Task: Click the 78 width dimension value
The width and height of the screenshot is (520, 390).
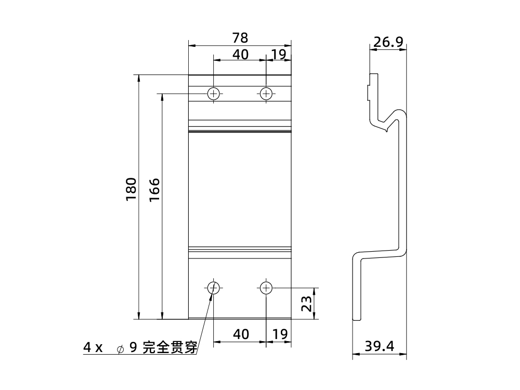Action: (240, 38)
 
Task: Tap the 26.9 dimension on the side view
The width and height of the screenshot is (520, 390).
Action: (388, 42)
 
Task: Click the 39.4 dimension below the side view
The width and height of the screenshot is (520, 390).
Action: (380, 346)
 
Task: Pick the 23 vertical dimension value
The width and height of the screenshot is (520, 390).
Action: (306, 303)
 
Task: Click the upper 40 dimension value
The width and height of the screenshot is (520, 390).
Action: (240, 54)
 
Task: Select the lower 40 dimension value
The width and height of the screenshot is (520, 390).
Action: (240, 334)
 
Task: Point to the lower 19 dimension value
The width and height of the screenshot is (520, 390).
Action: (280, 334)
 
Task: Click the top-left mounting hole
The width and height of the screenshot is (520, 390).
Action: (214, 94)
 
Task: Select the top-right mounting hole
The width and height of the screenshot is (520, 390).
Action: (266, 94)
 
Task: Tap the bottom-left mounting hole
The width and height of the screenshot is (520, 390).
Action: (214, 288)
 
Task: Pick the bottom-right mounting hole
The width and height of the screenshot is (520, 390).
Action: (266, 288)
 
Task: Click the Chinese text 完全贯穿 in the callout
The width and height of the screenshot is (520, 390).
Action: (170, 347)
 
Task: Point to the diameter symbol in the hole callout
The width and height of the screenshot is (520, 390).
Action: (120, 348)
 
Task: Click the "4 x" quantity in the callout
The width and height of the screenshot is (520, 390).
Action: (94, 347)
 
